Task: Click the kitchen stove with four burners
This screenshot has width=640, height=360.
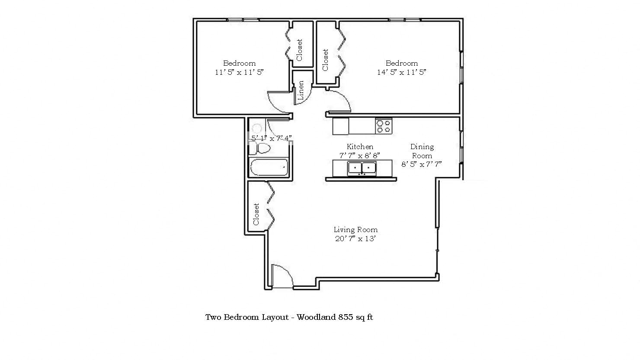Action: coord(384,126)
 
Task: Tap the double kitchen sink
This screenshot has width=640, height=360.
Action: coord(362,168)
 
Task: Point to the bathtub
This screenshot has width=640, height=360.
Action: coord(269,167)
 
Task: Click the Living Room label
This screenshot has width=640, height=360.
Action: coord(356,229)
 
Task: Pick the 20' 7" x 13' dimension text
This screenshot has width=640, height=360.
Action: coord(355,239)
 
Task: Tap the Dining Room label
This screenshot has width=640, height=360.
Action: coord(422,151)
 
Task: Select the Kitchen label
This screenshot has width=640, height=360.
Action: coord(360,147)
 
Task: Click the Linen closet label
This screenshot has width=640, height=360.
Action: coord(301,90)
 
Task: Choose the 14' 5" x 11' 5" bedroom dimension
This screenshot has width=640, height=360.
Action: coord(401,72)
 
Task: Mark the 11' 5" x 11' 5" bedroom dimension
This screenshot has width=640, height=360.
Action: coord(239,72)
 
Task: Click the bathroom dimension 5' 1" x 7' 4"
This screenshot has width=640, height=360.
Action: coord(272,138)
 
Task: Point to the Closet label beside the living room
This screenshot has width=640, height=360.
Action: coord(256,214)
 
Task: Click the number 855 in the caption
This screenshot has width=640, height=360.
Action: coord(346,317)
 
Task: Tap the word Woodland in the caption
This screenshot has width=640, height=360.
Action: coord(316,317)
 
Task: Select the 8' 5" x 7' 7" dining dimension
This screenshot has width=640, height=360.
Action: coord(422,164)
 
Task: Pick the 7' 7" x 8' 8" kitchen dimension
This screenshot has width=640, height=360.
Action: coord(360,156)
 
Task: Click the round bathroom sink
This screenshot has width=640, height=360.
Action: coord(256,128)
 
